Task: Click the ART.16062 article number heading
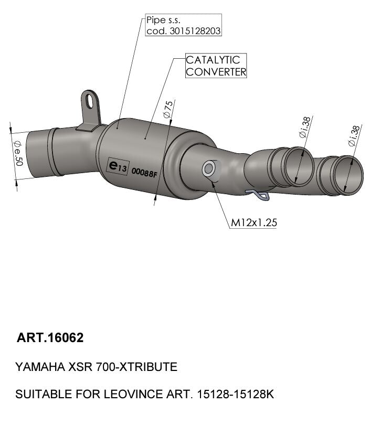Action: [x=50, y=338]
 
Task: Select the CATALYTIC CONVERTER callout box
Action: [x=216, y=66]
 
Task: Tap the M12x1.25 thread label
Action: [x=254, y=222]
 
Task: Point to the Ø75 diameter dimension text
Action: [x=167, y=109]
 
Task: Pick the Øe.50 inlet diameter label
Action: [x=18, y=152]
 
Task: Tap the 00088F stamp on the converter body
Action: [x=144, y=172]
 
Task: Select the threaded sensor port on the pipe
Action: [x=208, y=168]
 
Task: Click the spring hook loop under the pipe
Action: [x=261, y=196]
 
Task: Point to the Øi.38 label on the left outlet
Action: [x=304, y=127]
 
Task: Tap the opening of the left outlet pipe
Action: [x=298, y=166]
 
